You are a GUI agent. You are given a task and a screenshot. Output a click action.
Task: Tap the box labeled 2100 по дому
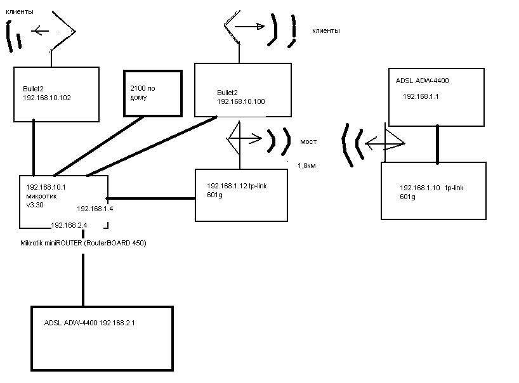point(153,93)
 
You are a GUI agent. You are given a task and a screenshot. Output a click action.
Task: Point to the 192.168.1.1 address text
point(421,96)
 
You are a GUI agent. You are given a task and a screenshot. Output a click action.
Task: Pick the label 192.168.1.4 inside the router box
point(95,208)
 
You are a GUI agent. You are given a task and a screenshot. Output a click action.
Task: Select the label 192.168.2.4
point(69,224)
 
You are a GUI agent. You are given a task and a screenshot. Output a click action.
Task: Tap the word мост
point(308,142)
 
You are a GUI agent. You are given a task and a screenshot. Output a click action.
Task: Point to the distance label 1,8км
point(307,166)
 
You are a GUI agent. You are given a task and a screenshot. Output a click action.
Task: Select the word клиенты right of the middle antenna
point(326,30)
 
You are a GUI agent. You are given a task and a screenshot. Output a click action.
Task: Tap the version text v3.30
point(37,205)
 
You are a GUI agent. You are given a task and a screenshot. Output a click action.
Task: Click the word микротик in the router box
point(41,196)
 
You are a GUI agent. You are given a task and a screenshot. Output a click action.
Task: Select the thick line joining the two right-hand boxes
point(437,144)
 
